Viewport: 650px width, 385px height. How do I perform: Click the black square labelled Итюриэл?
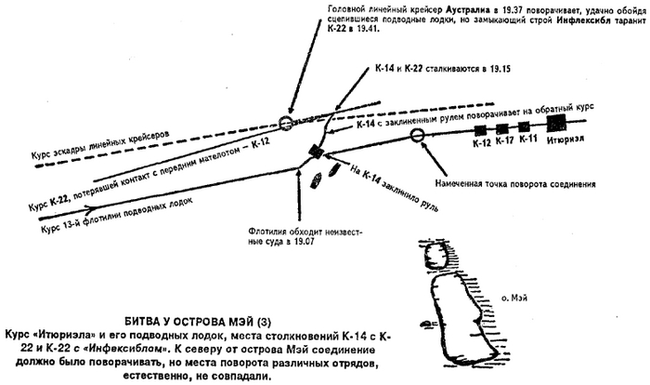pyautogui.click(x=556, y=122)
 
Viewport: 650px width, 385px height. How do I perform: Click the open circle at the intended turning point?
pyautogui.click(x=417, y=135)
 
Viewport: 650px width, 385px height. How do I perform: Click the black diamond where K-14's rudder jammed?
pyautogui.click(x=316, y=152)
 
